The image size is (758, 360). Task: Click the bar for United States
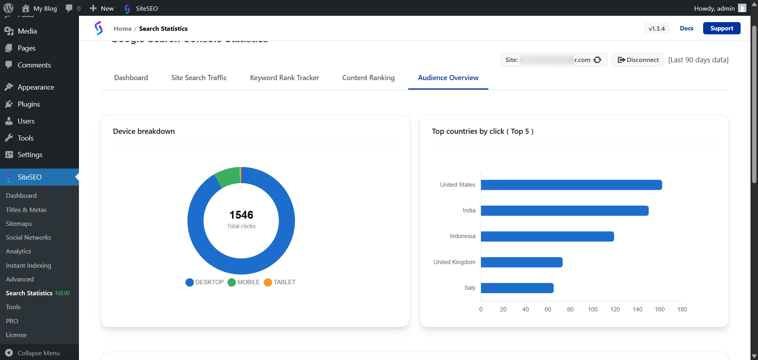571,185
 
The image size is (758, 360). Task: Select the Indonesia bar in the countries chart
547,236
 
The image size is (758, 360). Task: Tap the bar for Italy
517,288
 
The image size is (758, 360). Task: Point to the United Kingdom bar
522,262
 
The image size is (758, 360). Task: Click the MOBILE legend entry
244,282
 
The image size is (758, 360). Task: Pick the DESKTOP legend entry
205,282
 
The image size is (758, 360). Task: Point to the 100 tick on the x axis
593,309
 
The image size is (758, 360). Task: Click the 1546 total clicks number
241,215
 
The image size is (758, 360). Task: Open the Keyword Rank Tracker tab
284,78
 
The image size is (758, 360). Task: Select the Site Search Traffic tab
199,78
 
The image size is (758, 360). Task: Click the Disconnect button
638,60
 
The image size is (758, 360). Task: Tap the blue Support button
721,28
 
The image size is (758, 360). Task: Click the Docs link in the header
687,28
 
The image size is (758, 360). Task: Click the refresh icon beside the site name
598,60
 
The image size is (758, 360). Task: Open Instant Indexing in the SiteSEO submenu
28,265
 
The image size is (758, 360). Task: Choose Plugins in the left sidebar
28,104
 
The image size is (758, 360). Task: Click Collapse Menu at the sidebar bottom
38,353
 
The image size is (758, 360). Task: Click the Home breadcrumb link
122,28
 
